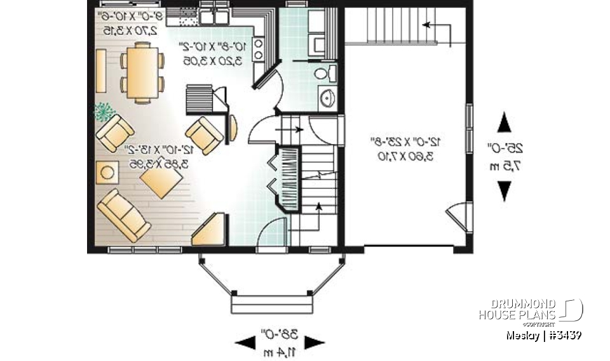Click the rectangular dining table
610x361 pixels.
[141, 72]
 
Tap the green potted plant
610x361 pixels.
[102, 112]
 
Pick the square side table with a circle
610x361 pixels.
[107, 172]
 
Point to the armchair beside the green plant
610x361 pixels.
[114, 133]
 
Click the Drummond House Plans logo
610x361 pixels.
[531, 310]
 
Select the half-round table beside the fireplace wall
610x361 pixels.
[233, 127]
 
